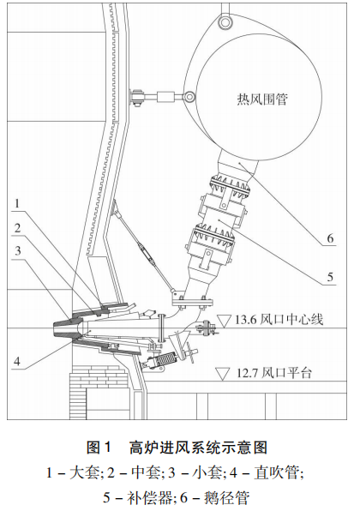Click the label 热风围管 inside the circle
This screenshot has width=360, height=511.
[x=262, y=99]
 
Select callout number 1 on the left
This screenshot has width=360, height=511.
[x=17, y=204]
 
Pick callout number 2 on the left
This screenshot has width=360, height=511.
[x=17, y=228]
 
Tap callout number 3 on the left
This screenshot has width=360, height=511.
[x=17, y=250]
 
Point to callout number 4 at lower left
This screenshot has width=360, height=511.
[x=17, y=361]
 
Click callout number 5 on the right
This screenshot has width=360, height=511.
[x=330, y=277]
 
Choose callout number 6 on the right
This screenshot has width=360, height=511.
[x=330, y=238]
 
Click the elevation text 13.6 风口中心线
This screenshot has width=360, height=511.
[x=279, y=320]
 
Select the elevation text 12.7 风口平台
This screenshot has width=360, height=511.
[x=273, y=372]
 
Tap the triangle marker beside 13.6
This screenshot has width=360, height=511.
[x=225, y=321]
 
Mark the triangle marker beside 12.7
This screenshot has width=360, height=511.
[x=223, y=374]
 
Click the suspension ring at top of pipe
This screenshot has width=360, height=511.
[x=225, y=21]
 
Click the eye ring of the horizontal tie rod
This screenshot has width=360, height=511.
[x=189, y=97]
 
